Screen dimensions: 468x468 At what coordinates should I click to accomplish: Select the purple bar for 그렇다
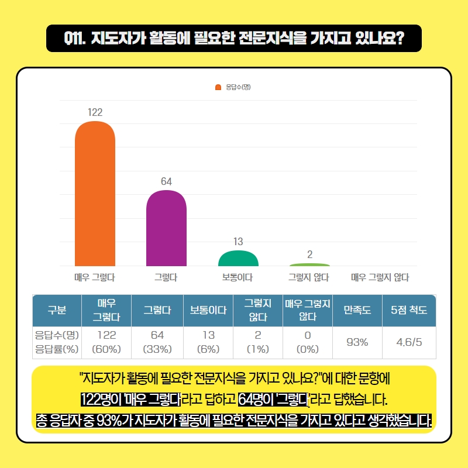point(166,229)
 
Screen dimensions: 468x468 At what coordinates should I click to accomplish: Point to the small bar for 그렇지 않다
point(309,265)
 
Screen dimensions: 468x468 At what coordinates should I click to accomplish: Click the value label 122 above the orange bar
point(95,111)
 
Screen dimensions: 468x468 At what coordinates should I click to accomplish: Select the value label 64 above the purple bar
point(166,181)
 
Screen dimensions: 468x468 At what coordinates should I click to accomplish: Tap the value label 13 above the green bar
point(238,240)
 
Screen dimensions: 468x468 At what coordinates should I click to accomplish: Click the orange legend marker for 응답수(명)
point(218,87)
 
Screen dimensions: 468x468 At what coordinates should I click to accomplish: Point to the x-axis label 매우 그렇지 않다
point(380,277)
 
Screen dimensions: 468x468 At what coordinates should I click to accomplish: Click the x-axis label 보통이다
point(238,277)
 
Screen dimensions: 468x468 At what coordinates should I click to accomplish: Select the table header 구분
point(57,310)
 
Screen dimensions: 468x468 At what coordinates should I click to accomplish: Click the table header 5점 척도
point(408,310)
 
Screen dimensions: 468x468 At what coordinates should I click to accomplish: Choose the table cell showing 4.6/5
point(408,342)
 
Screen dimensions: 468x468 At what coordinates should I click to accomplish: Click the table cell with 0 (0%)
point(307,342)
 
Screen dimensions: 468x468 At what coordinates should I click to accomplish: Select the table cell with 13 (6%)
point(208,342)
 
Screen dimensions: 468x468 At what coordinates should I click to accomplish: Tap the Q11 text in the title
point(76,39)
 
